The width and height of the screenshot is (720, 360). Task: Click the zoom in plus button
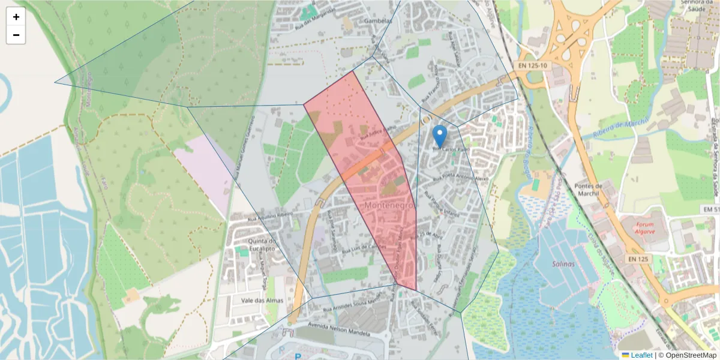(16, 17)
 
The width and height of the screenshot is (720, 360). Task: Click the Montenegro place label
(389, 206)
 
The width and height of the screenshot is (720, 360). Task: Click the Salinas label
(563, 264)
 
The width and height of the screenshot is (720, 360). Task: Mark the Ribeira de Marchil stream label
(621, 128)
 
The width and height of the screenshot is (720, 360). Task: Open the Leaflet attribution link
(641, 355)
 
